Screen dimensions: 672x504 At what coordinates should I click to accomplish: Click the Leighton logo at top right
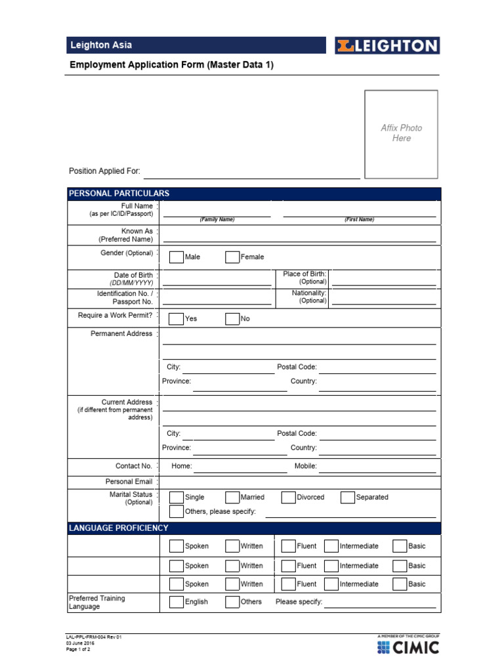(387, 45)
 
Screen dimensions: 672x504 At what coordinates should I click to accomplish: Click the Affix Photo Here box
(401, 134)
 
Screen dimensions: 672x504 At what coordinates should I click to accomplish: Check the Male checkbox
(177, 257)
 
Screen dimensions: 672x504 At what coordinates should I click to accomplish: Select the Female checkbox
(232, 257)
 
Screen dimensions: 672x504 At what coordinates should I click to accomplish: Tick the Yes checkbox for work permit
(176, 319)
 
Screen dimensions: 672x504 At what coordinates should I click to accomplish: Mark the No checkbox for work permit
(232, 319)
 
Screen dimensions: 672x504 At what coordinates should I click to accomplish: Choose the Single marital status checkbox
(177, 497)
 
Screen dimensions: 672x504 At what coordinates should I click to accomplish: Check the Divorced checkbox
(288, 497)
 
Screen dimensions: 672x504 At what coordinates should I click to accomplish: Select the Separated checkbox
(348, 497)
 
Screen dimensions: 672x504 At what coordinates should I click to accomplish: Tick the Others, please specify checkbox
(177, 512)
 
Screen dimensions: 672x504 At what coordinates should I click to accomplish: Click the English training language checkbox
(177, 602)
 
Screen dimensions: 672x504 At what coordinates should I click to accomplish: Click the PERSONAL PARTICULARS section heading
(119, 194)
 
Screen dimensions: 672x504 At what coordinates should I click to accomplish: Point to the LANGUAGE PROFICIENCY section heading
(119, 528)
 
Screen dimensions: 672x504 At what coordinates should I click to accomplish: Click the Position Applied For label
(104, 171)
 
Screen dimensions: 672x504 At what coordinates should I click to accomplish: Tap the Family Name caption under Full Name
(217, 220)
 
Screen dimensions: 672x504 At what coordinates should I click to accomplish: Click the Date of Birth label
(133, 275)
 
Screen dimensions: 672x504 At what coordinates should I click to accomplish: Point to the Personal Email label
(133, 482)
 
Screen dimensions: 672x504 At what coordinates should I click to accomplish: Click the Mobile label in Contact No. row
(306, 466)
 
